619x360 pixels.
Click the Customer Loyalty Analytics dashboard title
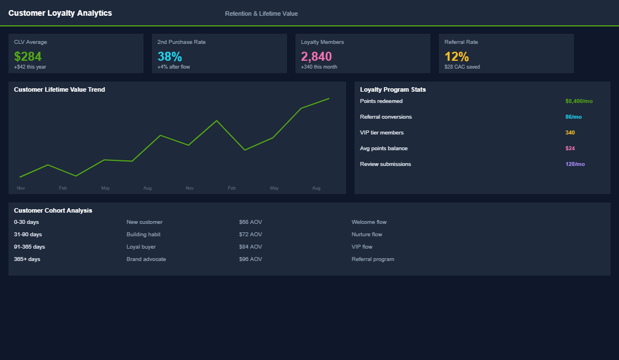pyautogui.click(x=60, y=13)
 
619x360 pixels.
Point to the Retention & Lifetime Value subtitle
pyautogui.click(x=261, y=13)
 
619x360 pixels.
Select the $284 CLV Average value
pyautogui.click(x=28, y=56)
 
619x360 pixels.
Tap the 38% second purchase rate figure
pyautogui.click(x=169, y=56)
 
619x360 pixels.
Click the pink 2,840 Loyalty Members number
pyautogui.click(x=316, y=56)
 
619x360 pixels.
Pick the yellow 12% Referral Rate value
pyautogui.click(x=456, y=56)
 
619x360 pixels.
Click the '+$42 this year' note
pyautogui.click(x=30, y=67)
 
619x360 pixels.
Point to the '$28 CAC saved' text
pyautogui.click(x=462, y=67)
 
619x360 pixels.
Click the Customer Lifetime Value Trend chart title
pyautogui.click(x=59, y=89)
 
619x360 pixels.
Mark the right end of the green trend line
pyautogui.click(x=329, y=98)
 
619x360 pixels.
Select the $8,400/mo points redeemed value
pyautogui.click(x=578, y=101)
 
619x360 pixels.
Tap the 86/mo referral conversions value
pyautogui.click(x=573, y=117)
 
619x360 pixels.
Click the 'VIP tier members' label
pyautogui.click(x=382, y=133)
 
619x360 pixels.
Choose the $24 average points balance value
pyautogui.click(x=570, y=148)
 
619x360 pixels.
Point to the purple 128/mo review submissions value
pyautogui.click(x=575, y=164)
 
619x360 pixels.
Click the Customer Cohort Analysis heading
pyautogui.click(x=53, y=210)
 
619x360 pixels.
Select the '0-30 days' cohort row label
pyautogui.click(x=26, y=222)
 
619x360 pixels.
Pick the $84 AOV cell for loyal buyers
pyautogui.click(x=250, y=247)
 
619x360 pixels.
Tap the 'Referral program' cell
pyautogui.click(x=373, y=259)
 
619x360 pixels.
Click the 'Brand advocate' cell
pyautogui.click(x=146, y=259)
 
